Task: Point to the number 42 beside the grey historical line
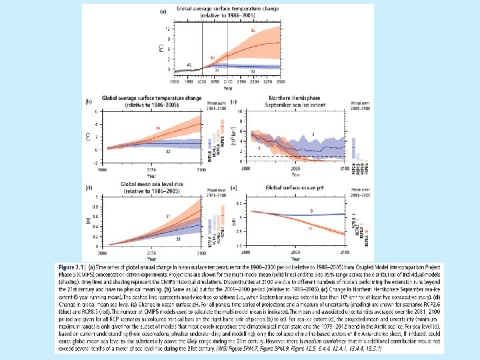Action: pos(189,64)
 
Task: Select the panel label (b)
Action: pos(89,101)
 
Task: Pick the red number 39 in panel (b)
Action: pos(157,127)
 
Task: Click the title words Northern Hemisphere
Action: pos(287,101)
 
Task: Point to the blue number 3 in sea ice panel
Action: pos(312,135)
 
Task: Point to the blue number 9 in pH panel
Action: pos(311,211)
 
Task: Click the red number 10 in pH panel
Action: pos(311,228)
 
